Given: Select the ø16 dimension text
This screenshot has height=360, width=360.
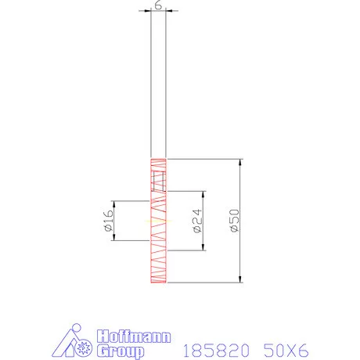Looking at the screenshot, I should pyautogui.click(x=108, y=221).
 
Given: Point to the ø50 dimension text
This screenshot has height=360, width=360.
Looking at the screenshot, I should pyautogui.click(x=232, y=221).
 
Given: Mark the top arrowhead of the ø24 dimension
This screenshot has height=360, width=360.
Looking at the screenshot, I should pyautogui.click(x=203, y=195).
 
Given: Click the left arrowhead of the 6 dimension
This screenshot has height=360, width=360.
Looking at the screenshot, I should pyautogui.click(x=148, y=11).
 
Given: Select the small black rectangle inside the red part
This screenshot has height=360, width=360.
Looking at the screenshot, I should pyautogui.click(x=159, y=183).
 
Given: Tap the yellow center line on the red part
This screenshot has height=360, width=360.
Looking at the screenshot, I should pyautogui.click(x=159, y=221).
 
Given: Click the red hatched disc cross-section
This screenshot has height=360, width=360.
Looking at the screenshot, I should pyautogui.click(x=159, y=258).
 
